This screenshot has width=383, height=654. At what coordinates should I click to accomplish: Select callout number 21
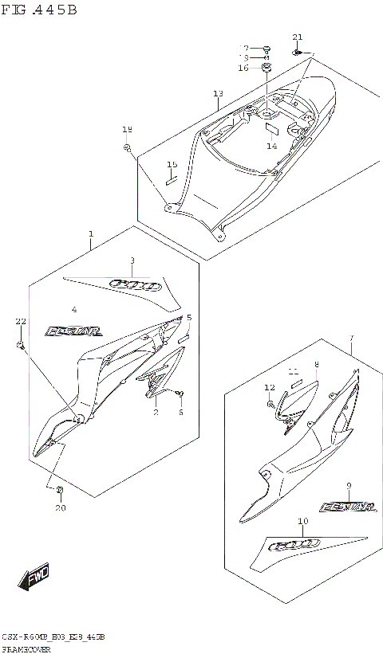click(x=298, y=37)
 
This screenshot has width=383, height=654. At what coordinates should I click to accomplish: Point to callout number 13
click(x=218, y=94)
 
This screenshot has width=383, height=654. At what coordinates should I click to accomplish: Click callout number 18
click(x=127, y=129)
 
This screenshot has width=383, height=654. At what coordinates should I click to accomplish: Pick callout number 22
click(x=20, y=320)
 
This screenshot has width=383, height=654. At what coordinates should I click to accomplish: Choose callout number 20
click(x=60, y=507)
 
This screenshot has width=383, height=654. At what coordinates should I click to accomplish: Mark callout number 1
click(x=91, y=234)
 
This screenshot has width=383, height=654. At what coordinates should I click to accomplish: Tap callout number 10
click(x=302, y=522)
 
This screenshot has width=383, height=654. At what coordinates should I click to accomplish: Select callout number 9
click(x=349, y=485)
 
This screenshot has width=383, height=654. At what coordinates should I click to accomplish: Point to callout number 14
click(x=272, y=146)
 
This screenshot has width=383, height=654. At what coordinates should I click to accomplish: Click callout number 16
click(x=243, y=69)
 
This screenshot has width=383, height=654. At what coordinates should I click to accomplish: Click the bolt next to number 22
click(x=20, y=346)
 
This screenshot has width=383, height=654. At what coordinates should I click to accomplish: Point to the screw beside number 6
click(x=181, y=394)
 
